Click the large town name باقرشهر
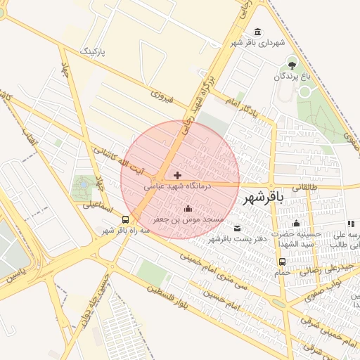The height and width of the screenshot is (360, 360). [263, 199]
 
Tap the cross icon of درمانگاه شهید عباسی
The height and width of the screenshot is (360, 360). [177, 174]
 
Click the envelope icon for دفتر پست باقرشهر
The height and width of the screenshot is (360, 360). [237, 228]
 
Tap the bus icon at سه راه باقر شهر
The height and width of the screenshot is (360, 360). [124, 219]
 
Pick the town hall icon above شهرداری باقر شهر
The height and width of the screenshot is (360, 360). [257, 32]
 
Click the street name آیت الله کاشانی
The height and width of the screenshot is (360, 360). [119, 161]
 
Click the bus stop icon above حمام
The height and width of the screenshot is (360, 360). [283, 262]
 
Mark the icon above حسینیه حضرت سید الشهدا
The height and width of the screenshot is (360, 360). [296, 223]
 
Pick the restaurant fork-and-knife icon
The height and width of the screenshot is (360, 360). [350, 224]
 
